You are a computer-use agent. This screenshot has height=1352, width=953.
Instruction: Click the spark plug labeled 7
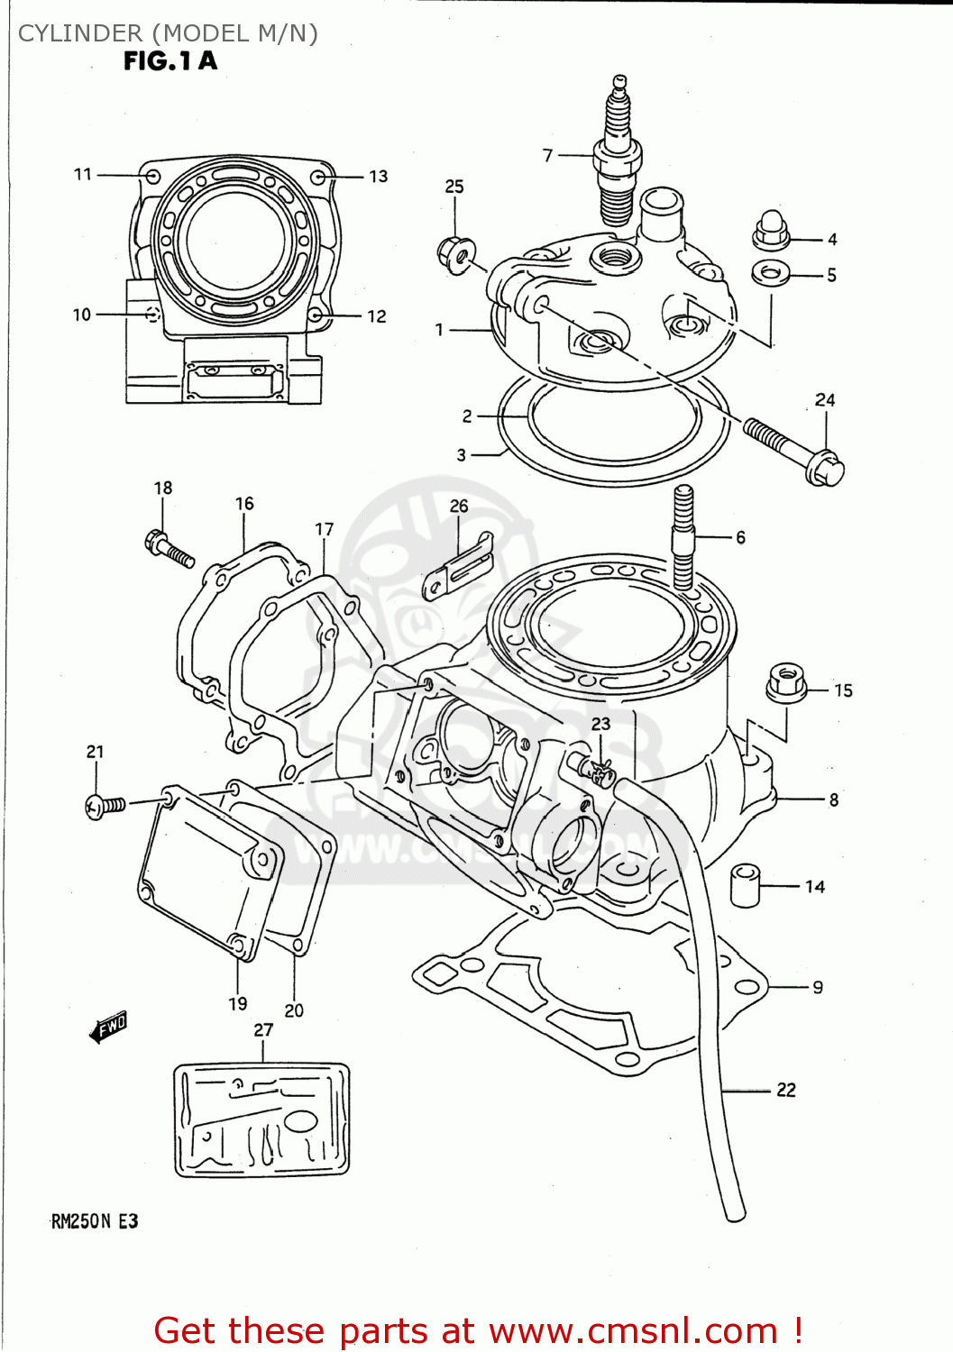tap(617, 158)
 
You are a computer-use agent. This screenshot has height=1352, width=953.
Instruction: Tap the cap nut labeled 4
tap(771, 231)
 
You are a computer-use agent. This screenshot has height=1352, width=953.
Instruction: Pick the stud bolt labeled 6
tap(683, 537)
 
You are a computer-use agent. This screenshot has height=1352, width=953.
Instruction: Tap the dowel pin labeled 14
tap(745, 885)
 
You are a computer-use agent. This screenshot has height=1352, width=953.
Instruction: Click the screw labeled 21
tap(105, 805)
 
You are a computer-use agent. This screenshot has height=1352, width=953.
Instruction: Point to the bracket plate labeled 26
tap(459, 568)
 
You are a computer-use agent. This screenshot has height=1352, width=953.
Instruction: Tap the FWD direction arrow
tap(109, 1027)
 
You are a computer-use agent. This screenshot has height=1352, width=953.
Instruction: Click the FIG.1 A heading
tap(170, 61)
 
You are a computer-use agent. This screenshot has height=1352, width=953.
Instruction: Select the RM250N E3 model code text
tap(95, 1221)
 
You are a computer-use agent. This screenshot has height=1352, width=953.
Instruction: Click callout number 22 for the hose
tap(786, 1090)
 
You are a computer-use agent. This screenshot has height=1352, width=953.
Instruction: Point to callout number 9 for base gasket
tap(818, 987)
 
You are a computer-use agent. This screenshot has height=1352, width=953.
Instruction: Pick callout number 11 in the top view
tap(83, 174)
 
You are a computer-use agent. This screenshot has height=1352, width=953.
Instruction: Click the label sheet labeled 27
tap(261, 1119)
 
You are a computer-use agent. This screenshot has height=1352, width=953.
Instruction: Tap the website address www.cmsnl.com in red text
tap(635, 1330)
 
